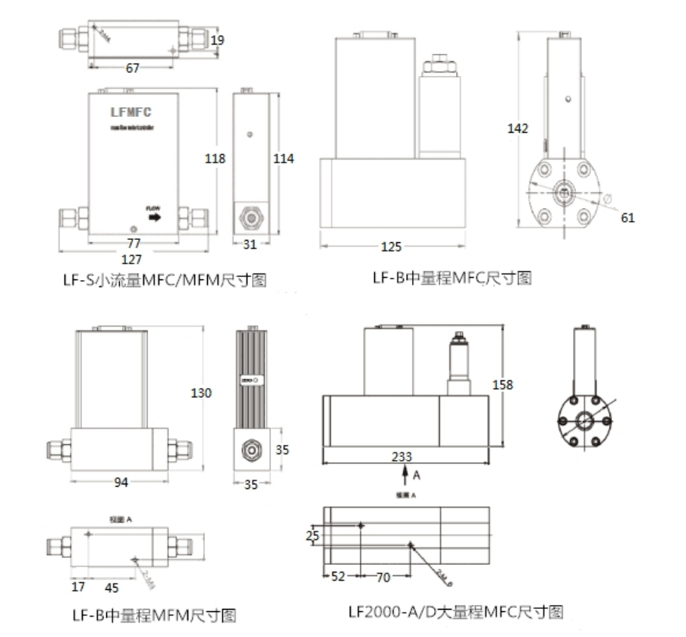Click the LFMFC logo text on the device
click(131, 112)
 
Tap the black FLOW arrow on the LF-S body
click(154, 217)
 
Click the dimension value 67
click(133, 68)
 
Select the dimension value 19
click(218, 39)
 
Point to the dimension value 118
click(215, 159)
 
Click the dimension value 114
click(283, 159)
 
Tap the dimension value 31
click(250, 244)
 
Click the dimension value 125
click(392, 247)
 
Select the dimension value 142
click(518, 128)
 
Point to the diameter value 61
click(628, 218)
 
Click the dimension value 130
click(201, 393)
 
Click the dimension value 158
click(502, 385)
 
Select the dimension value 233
click(402, 456)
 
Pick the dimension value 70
click(383, 577)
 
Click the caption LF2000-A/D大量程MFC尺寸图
click(455, 611)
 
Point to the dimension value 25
click(313, 536)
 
